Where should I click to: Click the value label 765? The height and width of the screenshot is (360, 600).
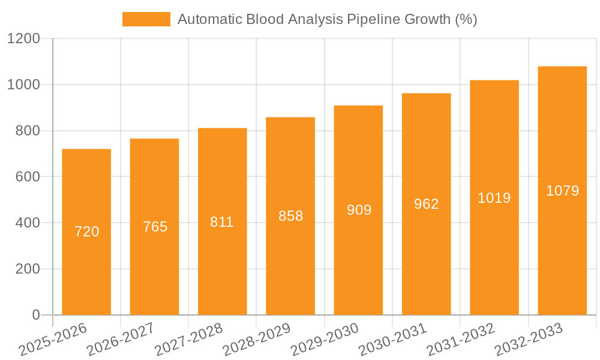point(155,227)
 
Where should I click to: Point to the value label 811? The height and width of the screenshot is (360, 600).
point(222,222)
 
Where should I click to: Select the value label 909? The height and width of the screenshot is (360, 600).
point(359,210)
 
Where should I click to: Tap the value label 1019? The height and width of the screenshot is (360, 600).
point(494,198)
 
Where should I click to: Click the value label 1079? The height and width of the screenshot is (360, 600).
point(562,191)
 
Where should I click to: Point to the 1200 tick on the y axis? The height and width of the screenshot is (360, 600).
point(23,39)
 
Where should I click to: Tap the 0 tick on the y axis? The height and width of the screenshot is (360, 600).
point(35,315)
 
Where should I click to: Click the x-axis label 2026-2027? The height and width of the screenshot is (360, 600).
point(121,340)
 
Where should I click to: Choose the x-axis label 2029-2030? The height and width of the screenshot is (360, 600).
point(325,340)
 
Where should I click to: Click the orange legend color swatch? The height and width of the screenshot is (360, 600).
point(146,19)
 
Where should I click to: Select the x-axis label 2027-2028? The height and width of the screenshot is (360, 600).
point(188,340)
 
